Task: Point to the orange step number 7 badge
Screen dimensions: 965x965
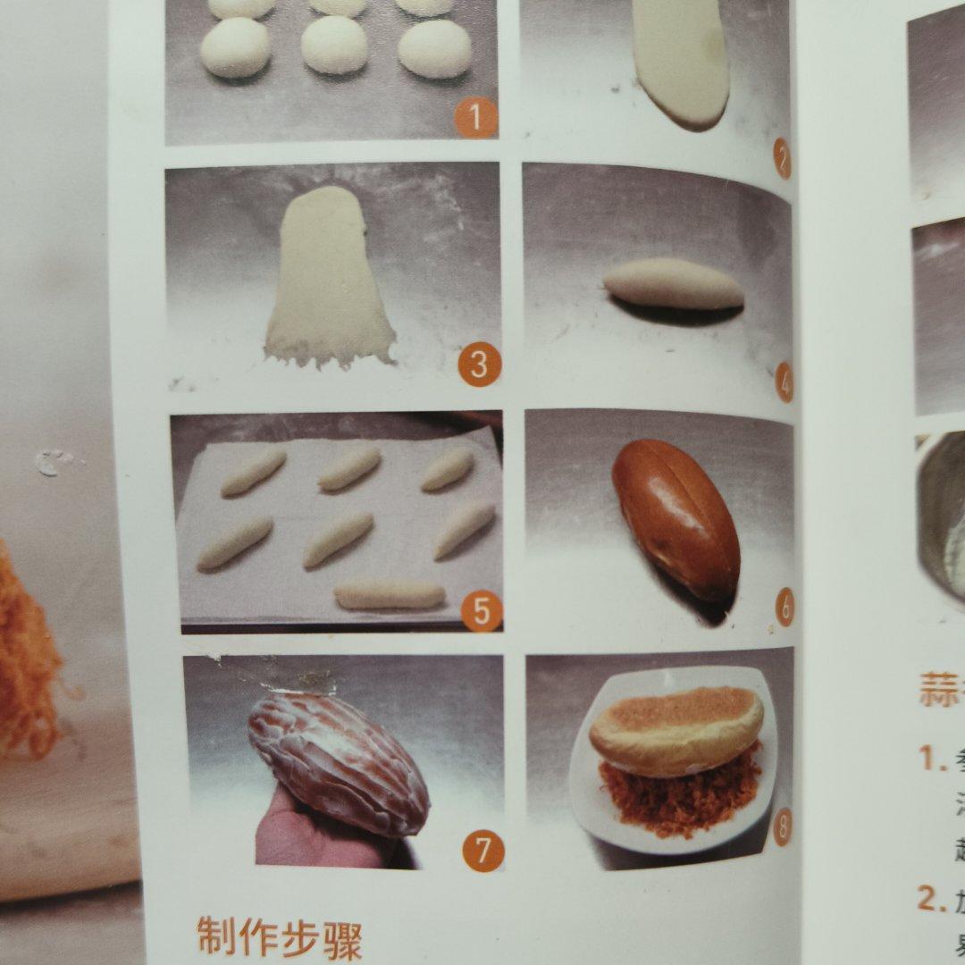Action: (x=482, y=851)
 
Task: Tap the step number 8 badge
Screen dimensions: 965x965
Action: (x=782, y=827)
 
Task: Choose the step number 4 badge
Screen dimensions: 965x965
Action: (x=784, y=384)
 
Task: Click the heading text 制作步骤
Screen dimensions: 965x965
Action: (x=279, y=937)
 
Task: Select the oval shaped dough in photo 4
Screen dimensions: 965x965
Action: (x=673, y=284)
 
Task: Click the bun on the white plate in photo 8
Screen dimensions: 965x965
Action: (x=676, y=730)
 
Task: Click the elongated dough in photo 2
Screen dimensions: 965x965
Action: (x=682, y=63)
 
